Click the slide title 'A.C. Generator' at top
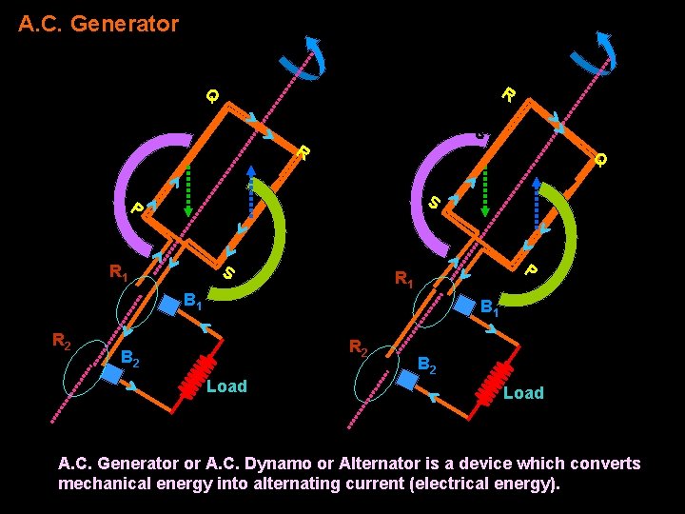[98, 24]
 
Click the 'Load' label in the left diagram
[226, 386]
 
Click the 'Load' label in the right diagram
[523, 393]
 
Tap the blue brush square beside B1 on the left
[170, 306]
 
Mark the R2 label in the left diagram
[64, 340]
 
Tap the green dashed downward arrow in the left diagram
[188, 187]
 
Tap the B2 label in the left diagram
[132, 359]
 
